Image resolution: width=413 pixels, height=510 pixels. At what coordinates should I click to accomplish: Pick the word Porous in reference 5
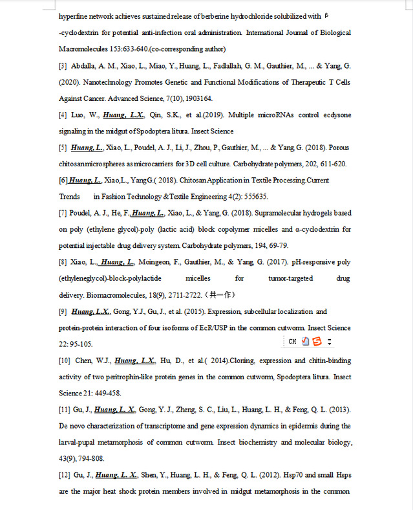point(337,148)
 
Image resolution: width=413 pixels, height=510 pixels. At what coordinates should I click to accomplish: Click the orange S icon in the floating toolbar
point(317,341)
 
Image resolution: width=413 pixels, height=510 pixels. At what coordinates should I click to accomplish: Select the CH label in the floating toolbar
point(292,341)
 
